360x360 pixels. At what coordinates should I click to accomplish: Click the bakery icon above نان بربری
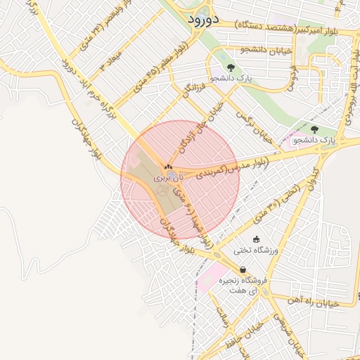click(x=168, y=167)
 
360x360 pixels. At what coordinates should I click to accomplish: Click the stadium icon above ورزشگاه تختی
click(x=255, y=239)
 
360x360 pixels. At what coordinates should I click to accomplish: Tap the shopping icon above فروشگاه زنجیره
click(x=243, y=269)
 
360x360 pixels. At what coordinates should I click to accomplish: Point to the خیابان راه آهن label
click(x=314, y=301)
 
